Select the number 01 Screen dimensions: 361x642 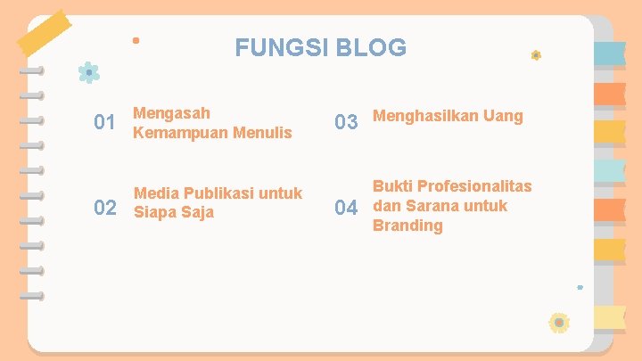click(x=105, y=122)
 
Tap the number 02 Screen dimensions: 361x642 click(x=105, y=209)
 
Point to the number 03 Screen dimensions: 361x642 click(x=346, y=121)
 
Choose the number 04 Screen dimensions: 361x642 click(x=346, y=209)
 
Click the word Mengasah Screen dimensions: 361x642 click(x=172, y=113)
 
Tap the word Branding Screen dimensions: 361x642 click(x=407, y=226)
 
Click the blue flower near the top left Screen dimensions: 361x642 click(x=88, y=72)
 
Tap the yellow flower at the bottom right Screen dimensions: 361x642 click(x=559, y=322)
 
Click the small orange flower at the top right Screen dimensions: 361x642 click(x=536, y=55)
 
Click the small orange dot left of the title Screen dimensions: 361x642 click(x=136, y=40)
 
